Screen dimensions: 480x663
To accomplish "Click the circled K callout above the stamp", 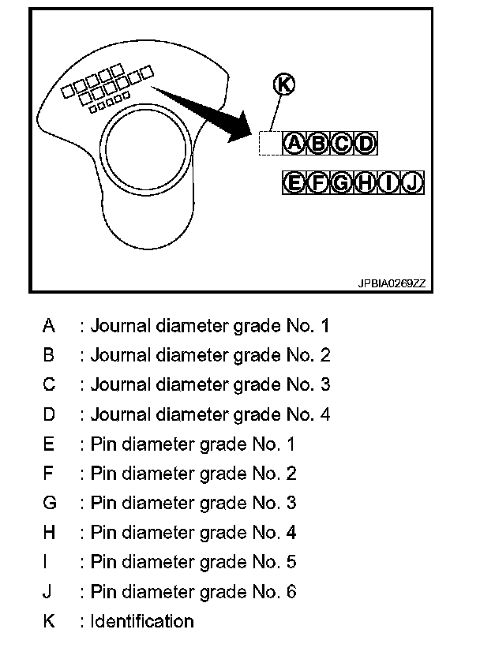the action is [283, 84].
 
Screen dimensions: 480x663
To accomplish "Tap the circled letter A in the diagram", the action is [294, 143].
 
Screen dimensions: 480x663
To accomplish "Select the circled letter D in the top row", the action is [366, 143].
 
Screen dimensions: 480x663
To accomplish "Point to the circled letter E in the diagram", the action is [294, 183].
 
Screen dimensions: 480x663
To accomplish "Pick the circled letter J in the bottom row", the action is [413, 183].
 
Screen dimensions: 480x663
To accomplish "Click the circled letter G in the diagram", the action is [342, 183].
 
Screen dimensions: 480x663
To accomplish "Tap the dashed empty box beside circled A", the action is [270, 143].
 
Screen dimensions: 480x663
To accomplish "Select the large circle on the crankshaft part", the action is [145, 147].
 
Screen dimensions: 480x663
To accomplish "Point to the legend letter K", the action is [49, 621].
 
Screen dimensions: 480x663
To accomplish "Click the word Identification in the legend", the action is [142, 621].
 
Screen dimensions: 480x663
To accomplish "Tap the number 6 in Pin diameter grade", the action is [291, 591].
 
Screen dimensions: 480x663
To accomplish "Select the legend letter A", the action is [49, 325].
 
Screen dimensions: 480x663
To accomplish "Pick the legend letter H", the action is [49, 533].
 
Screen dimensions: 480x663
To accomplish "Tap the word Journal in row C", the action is [118, 384].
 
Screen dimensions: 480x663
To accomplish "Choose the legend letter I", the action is [49, 562].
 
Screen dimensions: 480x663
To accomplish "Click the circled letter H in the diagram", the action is [366, 183].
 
